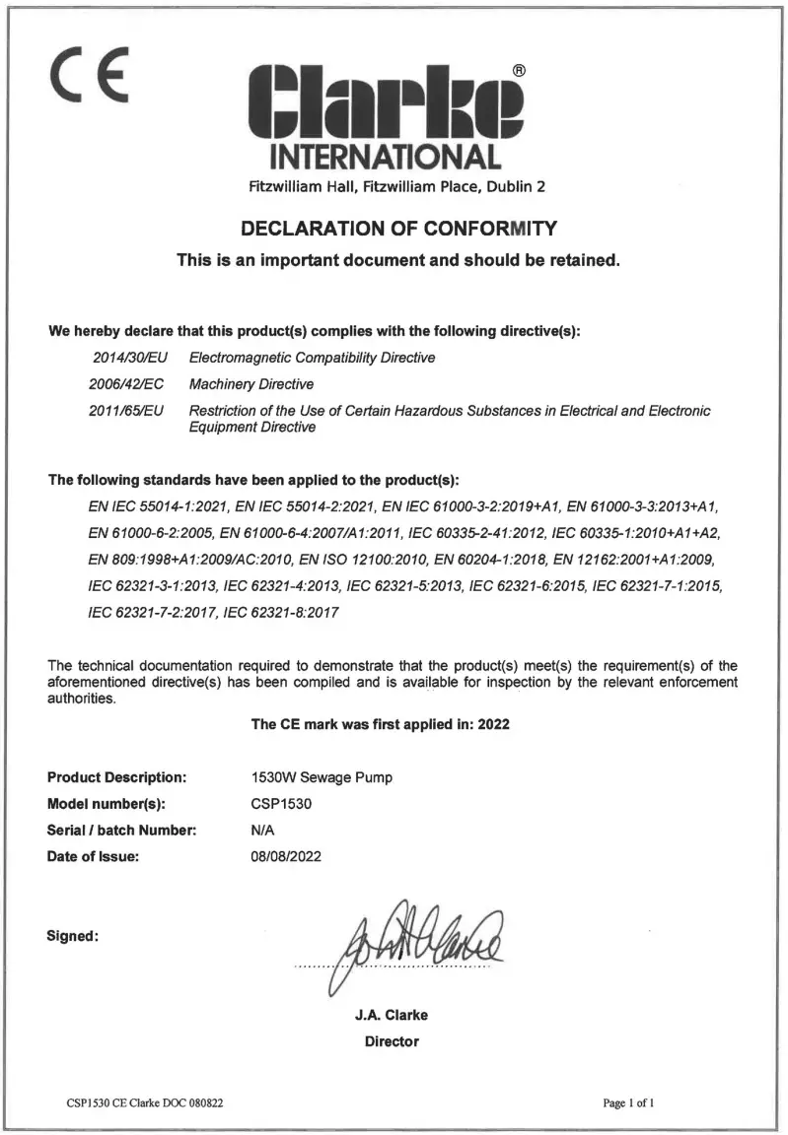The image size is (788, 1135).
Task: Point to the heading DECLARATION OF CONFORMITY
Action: point(398,230)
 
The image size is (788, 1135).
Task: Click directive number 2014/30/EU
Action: point(127,358)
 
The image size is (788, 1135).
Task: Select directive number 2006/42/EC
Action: point(127,383)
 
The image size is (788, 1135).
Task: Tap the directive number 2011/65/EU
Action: point(127,410)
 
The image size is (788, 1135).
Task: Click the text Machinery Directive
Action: point(251,383)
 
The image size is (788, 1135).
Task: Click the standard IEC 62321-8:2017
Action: point(282,611)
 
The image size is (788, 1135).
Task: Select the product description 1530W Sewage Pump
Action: point(322,777)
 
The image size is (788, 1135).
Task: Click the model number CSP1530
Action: point(282,804)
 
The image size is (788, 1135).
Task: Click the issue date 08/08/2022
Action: point(286,856)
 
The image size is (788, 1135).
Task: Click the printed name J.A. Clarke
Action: point(392,1016)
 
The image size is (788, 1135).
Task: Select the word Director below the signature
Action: point(392,1041)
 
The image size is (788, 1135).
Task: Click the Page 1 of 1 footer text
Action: point(629,1102)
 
